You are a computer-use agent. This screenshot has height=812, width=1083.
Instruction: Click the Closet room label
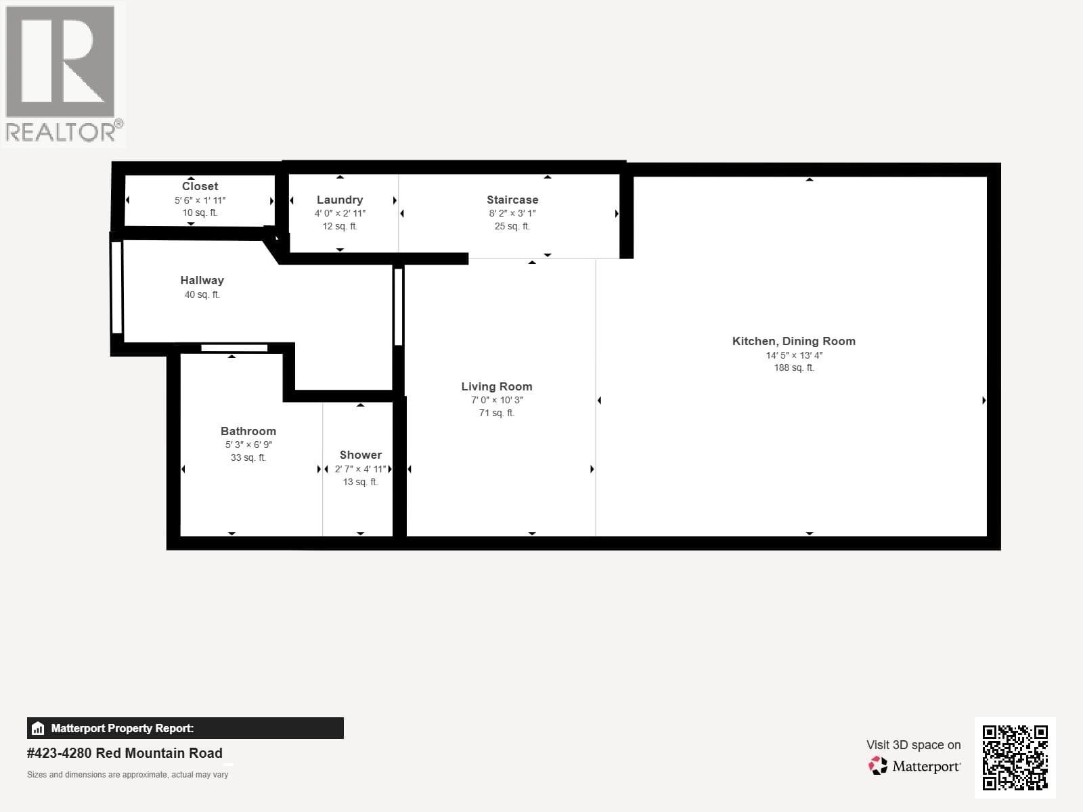coord(200,186)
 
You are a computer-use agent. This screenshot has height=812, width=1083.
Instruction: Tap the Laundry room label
coord(340,200)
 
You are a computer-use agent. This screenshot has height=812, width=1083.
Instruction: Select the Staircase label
coord(512,200)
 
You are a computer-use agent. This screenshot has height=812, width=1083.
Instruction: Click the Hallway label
coord(202,280)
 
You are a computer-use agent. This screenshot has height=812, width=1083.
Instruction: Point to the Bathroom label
coord(248,431)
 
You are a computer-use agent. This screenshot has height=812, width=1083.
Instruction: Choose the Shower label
coord(361,455)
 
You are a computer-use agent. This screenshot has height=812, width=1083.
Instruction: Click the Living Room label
coord(497,386)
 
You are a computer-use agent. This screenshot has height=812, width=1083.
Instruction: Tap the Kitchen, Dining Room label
coord(794,341)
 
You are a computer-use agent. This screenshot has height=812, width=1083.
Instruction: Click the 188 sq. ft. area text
coord(794,368)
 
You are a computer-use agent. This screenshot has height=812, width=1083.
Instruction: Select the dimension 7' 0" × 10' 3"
coord(497,400)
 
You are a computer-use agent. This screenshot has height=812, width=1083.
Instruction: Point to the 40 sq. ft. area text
coord(202,295)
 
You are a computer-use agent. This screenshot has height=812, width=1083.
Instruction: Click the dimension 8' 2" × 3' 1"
coord(512,213)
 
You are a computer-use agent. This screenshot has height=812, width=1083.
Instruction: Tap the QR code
coord(1015,757)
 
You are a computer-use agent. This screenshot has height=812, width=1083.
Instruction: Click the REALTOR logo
coord(62,74)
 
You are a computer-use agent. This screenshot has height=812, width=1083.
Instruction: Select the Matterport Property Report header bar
coord(185,728)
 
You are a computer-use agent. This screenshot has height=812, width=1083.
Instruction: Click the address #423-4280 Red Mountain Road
coord(125,753)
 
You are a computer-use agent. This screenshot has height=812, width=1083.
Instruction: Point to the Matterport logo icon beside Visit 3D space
coord(878,766)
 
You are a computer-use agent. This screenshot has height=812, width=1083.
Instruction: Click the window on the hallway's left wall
coord(116,287)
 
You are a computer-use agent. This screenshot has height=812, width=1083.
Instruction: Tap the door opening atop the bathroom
coord(234,348)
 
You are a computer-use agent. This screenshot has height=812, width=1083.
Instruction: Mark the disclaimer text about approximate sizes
coord(127,775)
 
